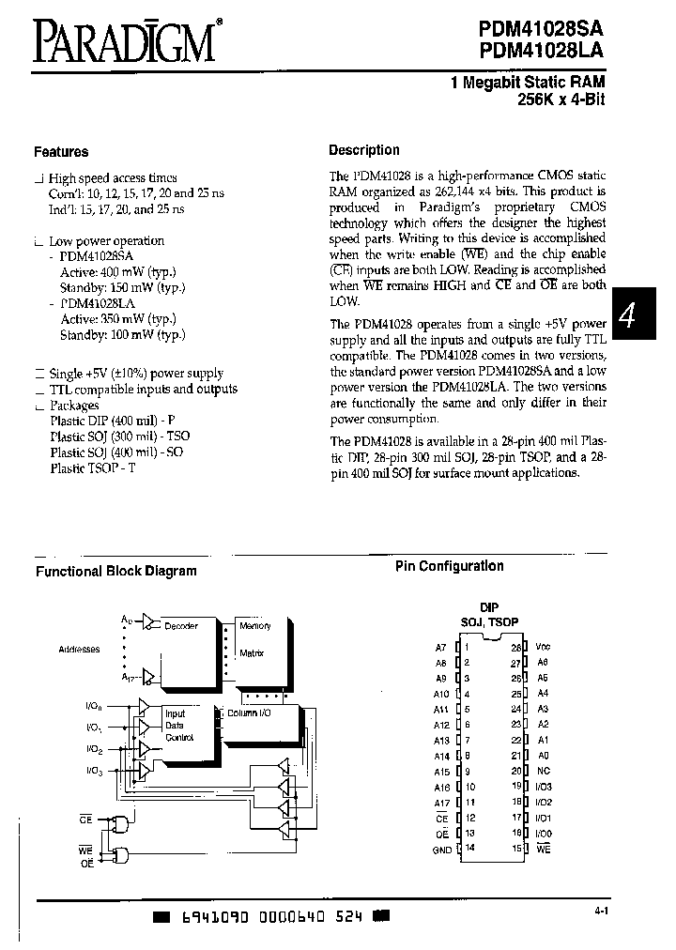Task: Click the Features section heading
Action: click(x=61, y=151)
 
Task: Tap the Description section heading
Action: click(x=363, y=150)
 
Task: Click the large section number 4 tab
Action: click(x=629, y=316)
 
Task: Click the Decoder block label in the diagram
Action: click(x=180, y=626)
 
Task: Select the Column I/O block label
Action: click(x=248, y=712)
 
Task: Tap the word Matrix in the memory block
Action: click(x=252, y=652)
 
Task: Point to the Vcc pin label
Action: click(x=543, y=648)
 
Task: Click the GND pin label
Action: click(x=442, y=849)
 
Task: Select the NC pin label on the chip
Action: click(x=542, y=771)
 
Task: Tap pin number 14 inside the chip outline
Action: click(x=468, y=848)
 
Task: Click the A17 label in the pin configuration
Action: click(x=442, y=803)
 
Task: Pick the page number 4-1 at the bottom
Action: click(x=602, y=910)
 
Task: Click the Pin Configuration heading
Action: click(x=449, y=566)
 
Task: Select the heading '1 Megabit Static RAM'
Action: click(x=528, y=84)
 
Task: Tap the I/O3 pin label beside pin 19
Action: click(x=545, y=787)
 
